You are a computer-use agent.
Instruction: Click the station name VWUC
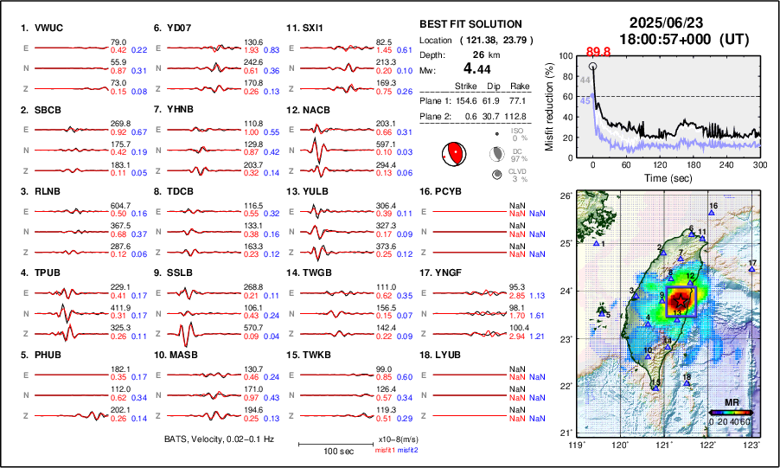tap(48, 28)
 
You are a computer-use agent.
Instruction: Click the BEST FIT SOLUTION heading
tap(470, 24)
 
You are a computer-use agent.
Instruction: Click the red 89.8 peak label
tap(599, 52)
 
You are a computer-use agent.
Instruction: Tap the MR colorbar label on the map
tap(732, 403)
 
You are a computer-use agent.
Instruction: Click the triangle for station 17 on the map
tap(752, 270)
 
